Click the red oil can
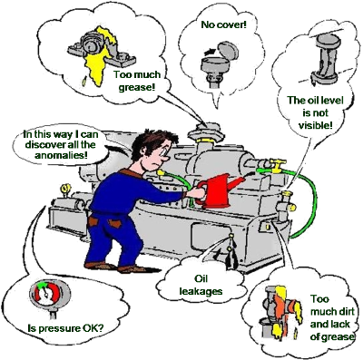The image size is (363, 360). coord(217,190)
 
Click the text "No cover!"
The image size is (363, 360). coord(224,24)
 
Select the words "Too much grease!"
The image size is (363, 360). coord(137,81)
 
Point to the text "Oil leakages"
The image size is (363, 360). coord(201,285)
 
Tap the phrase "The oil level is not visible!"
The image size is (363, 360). coord(316,112)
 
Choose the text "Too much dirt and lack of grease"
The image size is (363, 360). coord(332,318)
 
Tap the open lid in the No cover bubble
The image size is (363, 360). coord(228,50)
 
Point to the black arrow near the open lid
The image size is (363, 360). coord(210,51)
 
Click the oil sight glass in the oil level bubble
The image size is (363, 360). coord(325,59)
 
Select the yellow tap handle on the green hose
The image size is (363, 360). coord(277,165)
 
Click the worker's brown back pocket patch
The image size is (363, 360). coord(114,224)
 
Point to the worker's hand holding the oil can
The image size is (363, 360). coord(196,193)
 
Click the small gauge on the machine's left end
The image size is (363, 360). coord(64,190)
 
